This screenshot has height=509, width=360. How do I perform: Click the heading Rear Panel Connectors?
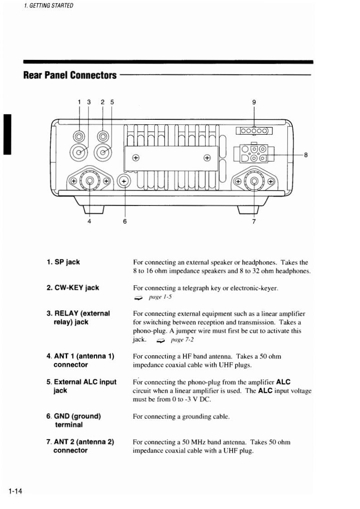(x=70, y=75)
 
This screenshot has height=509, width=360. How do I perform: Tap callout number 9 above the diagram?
(x=254, y=102)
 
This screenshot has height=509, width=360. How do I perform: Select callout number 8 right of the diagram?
(x=306, y=155)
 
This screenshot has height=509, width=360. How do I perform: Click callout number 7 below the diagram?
(x=254, y=221)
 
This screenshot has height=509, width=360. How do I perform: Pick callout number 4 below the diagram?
(x=89, y=221)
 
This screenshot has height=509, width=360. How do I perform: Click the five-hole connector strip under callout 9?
(x=254, y=132)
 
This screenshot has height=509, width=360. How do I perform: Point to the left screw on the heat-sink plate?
(x=135, y=158)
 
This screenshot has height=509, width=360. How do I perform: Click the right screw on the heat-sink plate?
(x=207, y=158)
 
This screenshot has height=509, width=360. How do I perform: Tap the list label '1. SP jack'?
(x=64, y=262)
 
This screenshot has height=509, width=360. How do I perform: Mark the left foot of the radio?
(x=94, y=210)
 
